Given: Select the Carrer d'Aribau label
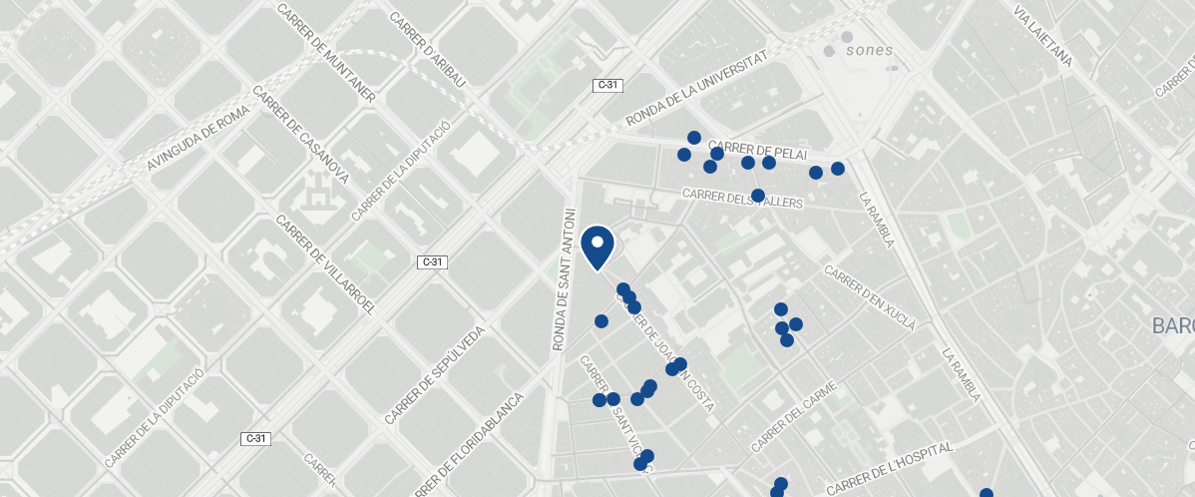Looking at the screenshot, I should coord(427,50).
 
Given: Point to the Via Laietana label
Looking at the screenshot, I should coord(1041,36).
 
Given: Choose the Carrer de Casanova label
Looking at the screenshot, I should coord(300,135).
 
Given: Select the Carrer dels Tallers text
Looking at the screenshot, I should coord(743,199).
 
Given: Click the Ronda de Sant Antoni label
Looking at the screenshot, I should coord(564,279).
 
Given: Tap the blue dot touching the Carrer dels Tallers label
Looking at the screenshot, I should coord(757,195).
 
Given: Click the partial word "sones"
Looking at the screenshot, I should coord(869,50).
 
